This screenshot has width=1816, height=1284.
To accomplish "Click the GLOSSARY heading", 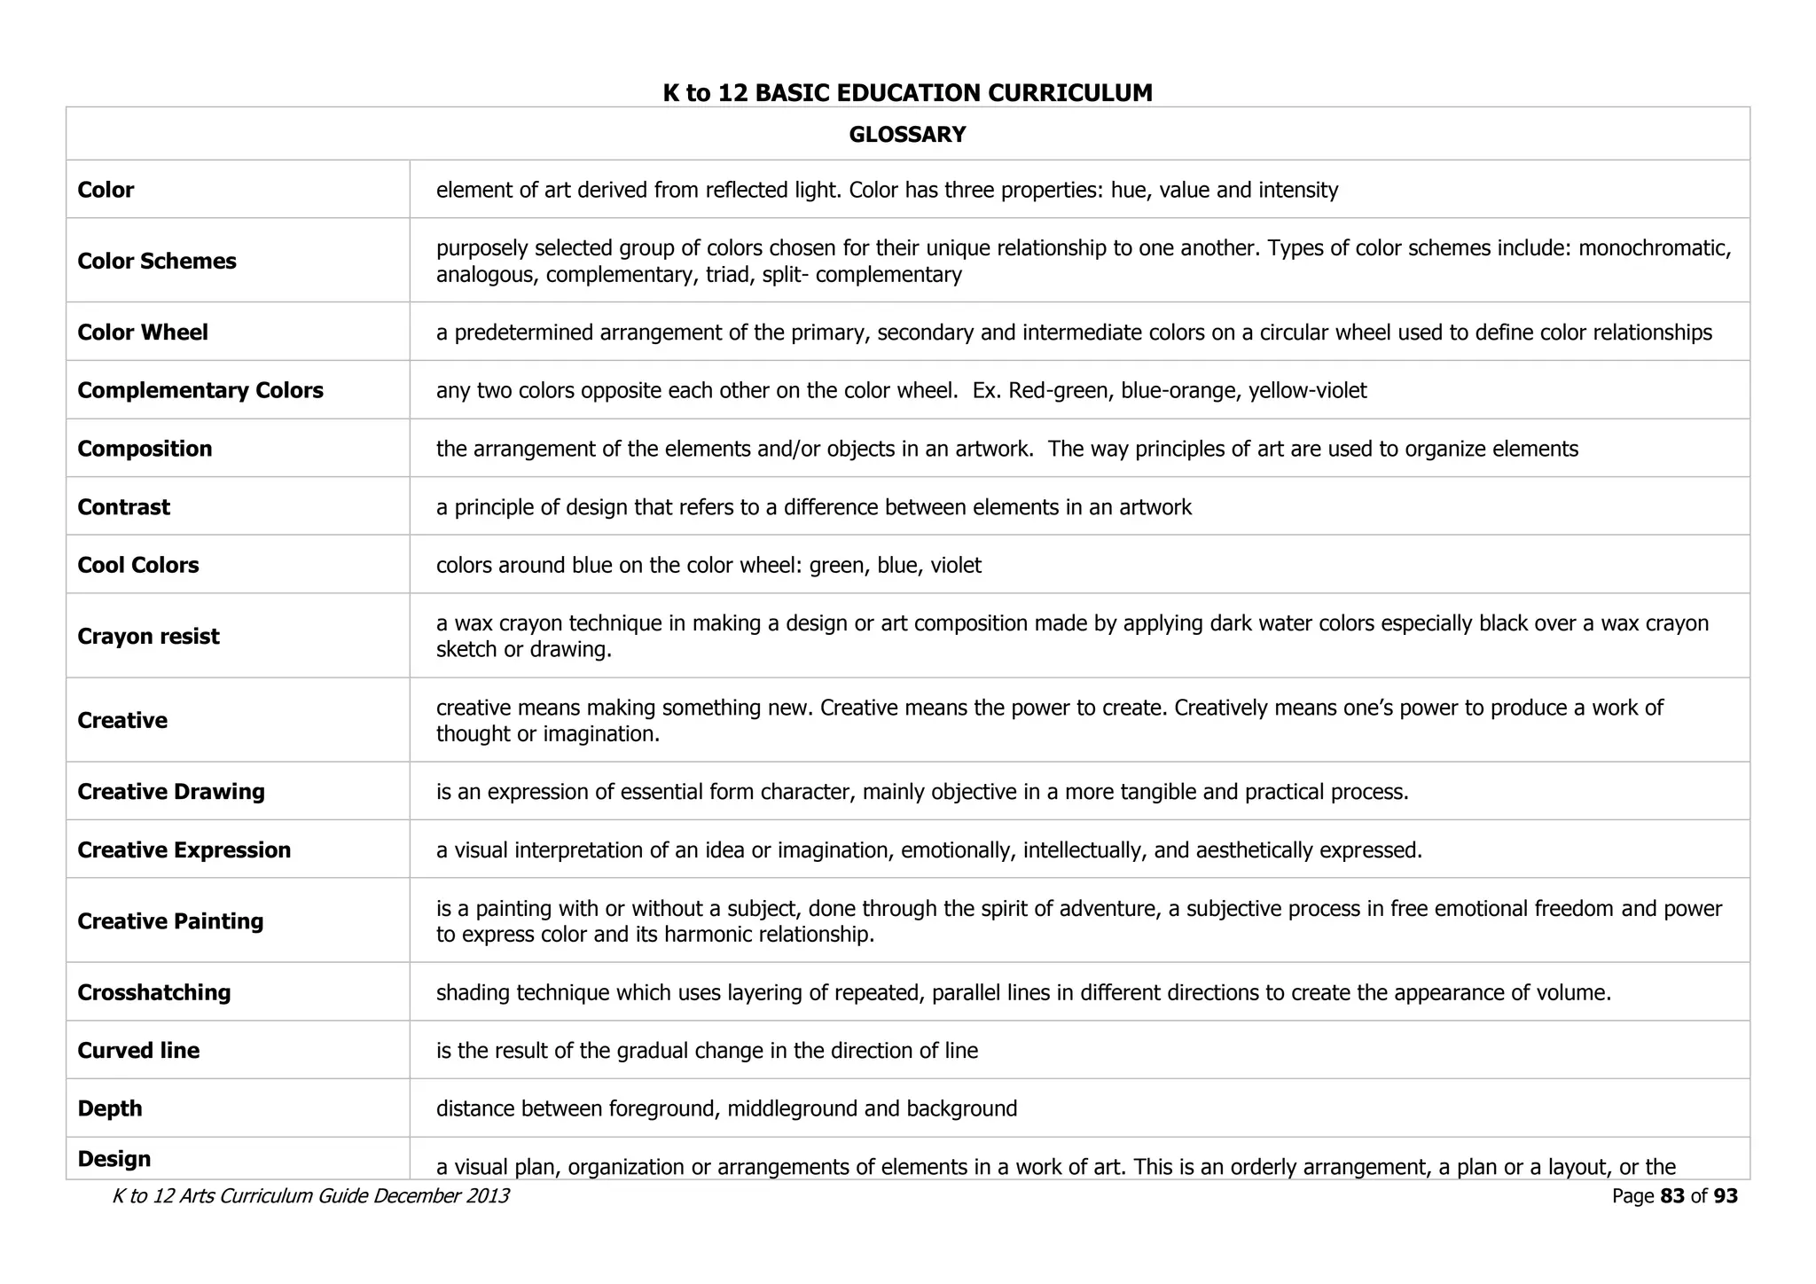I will [x=907, y=135].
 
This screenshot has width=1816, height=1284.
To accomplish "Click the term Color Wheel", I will [x=143, y=333].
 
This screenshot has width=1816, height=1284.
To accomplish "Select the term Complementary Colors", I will [x=200, y=390].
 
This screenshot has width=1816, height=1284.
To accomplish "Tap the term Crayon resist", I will [x=148, y=637].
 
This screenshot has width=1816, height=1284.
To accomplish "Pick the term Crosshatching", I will [x=154, y=992].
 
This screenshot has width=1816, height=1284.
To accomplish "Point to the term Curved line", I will [x=138, y=1051].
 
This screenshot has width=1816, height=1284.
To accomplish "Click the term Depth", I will [x=110, y=1108].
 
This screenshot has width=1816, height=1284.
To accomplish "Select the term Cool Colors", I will [x=138, y=565].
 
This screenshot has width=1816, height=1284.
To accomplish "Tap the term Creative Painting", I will [x=170, y=921].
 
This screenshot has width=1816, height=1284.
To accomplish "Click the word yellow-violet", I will [x=1308, y=391].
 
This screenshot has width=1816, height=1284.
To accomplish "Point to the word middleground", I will [x=790, y=1109].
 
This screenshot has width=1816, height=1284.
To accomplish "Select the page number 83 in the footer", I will [x=1671, y=1196].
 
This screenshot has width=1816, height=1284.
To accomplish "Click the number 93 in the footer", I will [x=1726, y=1196].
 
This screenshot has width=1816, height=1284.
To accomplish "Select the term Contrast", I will [x=123, y=507].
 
